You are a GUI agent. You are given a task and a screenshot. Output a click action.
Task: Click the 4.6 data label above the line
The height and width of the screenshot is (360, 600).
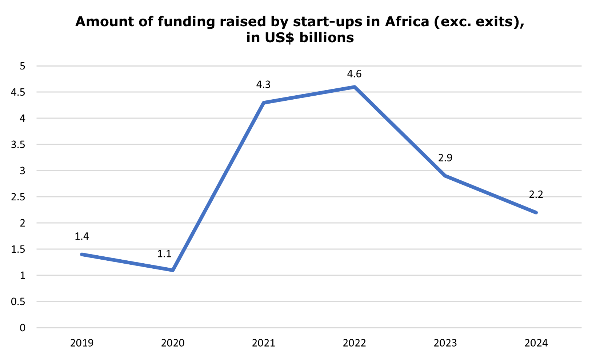(x=354, y=75)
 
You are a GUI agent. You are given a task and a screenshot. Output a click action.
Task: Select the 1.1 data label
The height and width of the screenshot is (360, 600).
(x=164, y=254)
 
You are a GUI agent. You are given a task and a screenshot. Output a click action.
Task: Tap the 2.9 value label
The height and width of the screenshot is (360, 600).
(x=445, y=158)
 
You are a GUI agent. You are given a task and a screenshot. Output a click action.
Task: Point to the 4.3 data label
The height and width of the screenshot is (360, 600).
(x=263, y=85)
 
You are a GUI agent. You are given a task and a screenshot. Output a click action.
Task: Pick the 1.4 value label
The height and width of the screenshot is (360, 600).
(x=82, y=237)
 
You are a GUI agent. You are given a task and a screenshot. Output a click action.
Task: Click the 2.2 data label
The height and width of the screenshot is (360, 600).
(x=536, y=195)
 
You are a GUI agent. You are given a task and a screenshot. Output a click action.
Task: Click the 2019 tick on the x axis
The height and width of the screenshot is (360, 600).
(x=82, y=343)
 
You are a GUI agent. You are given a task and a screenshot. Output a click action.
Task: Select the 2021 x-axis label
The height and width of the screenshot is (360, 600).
(x=263, y=343)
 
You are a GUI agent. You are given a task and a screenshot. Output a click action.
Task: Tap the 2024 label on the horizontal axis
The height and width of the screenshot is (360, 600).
(x=536, y=343)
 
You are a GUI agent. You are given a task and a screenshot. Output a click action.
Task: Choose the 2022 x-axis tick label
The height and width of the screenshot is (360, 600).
(x=354, y=343)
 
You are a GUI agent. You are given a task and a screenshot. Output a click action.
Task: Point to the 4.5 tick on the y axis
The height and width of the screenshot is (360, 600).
(x=19, y=92)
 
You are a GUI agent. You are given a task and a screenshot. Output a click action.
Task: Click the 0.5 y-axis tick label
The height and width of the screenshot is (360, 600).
(x=19, y=302)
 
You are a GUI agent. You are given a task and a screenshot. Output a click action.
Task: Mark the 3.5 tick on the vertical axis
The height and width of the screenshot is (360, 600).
(x=19, y=145)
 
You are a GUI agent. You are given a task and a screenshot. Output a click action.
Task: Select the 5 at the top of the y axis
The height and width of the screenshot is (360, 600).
(x=23, y=66)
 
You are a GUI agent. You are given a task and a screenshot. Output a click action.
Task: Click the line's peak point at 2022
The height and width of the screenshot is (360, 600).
(x=354, y=87)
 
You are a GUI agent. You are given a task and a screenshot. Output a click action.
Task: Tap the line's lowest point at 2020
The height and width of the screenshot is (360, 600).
(x=173, y=270)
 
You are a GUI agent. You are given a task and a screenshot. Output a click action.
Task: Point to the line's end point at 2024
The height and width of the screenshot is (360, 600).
(x=536, y=212)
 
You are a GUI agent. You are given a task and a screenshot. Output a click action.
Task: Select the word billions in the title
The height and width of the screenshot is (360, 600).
(x=326, y=37)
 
